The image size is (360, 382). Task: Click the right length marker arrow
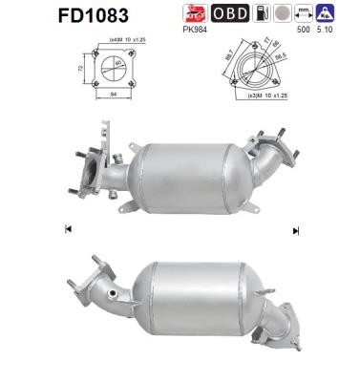296,229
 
